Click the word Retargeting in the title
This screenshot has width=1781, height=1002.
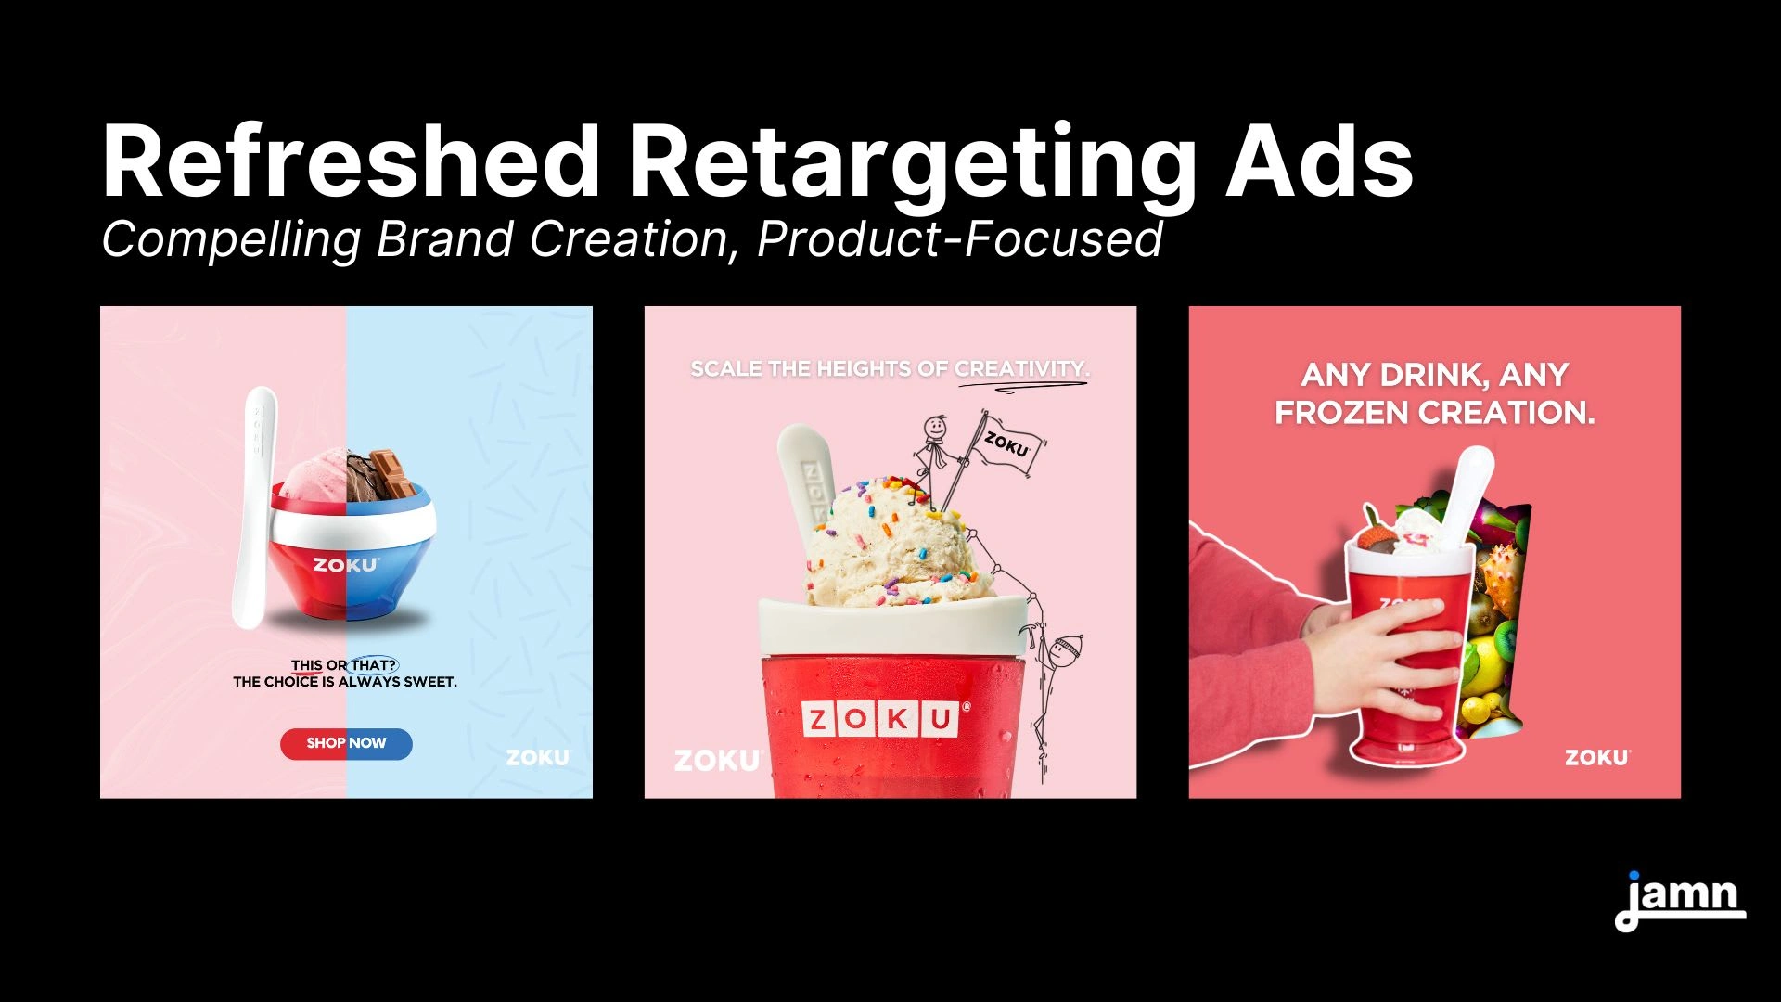[x=913, y=164]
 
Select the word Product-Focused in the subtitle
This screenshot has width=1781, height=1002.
[x=959, y=238]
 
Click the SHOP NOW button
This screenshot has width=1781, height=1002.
[x=346, y=743]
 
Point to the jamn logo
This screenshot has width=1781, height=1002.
[x=1680, y=901]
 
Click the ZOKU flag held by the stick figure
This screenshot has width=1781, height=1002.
[x=1005, y=445]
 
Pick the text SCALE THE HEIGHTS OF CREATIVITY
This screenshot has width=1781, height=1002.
[x=890, y=369]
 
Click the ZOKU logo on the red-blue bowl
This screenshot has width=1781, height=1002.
[x=345, y=564]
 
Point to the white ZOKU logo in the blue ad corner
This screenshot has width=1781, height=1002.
[x=538, y=757]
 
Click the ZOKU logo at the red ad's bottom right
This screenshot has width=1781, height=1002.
[x=1596, y=757]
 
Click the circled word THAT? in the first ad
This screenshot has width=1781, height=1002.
[x=373, y=665]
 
